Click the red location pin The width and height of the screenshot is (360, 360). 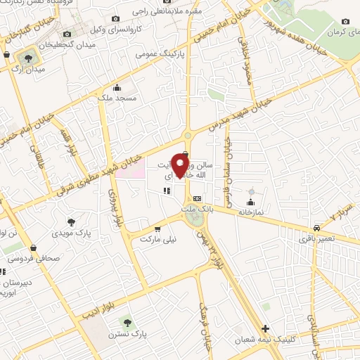[180, 167]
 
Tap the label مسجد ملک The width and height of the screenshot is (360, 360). [117, 100]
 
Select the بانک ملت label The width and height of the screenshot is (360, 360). [196, 209]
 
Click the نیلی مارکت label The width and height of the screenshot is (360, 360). [157, 239]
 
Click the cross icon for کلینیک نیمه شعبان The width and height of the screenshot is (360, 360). [265, 328]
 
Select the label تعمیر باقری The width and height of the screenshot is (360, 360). [317, 239]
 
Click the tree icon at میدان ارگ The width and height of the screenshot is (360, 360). [29, 58]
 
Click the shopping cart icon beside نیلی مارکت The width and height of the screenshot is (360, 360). [157, 229]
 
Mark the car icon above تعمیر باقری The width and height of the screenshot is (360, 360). [318, 228]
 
